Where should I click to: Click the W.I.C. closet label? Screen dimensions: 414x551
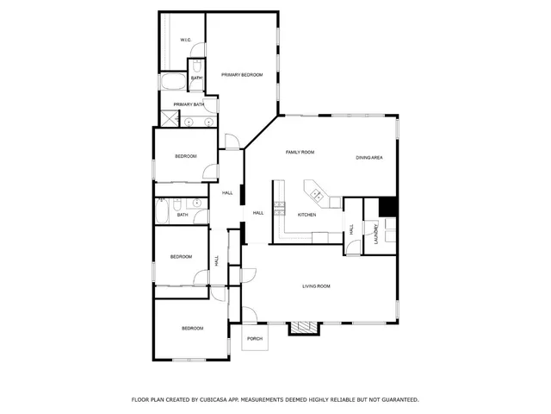185,41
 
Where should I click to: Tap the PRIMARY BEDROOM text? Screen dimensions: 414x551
241,76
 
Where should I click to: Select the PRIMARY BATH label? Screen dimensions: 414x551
189,104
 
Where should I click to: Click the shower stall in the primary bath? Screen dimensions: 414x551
169,120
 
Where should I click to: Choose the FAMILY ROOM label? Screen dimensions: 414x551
300,152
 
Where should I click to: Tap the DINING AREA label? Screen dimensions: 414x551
369,157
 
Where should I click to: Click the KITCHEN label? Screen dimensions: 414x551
306,214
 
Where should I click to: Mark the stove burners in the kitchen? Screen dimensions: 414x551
278,207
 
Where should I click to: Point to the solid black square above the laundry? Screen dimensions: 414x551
387,207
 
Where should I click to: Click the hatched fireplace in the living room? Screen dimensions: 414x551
301,328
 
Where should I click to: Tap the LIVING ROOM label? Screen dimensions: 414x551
316,285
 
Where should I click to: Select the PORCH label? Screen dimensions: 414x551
254,339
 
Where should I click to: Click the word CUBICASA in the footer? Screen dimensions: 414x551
241,399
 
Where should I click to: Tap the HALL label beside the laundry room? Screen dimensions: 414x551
351,229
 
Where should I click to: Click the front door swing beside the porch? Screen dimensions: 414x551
248,314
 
